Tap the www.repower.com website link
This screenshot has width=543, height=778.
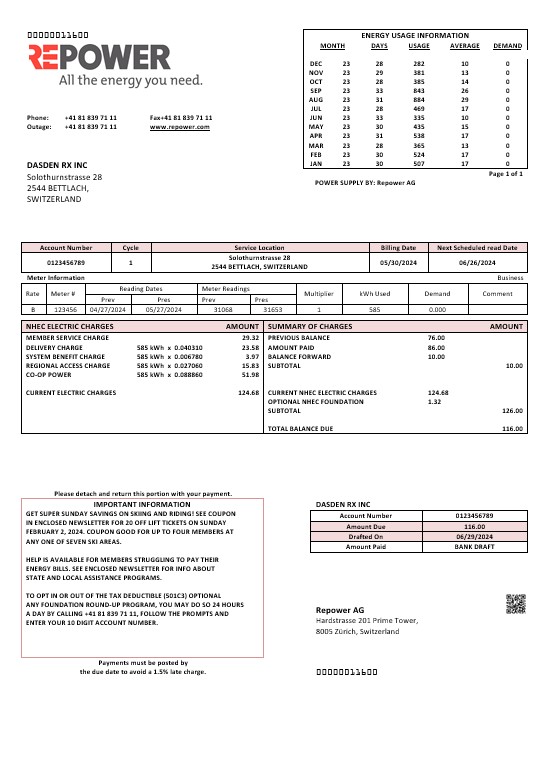(181, 127)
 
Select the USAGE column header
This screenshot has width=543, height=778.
(419, 46)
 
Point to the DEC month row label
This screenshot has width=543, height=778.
(316, 63)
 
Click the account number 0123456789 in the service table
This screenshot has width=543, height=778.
(66, 262)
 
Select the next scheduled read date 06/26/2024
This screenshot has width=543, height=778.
(477, 262)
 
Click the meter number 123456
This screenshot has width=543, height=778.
(64, 310)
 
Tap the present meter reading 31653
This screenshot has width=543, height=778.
(273, 310)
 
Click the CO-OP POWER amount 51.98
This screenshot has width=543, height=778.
(250, 375)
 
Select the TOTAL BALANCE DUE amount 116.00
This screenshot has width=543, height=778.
(512, 428)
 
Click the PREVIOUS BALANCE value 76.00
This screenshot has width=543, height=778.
(436, 339)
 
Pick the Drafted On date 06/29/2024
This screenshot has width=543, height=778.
(468, 536)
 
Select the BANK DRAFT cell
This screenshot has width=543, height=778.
(468, 547)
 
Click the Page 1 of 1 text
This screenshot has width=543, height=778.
(505, 174)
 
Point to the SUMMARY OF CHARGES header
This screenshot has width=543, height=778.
(310, 327)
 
